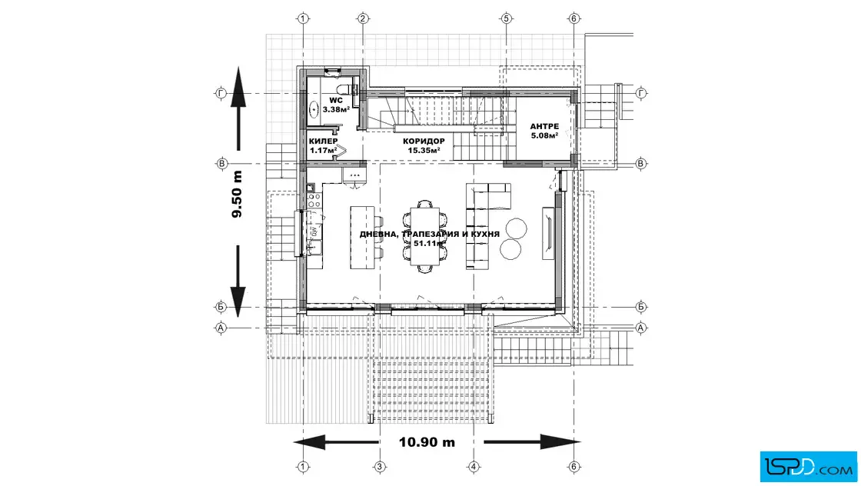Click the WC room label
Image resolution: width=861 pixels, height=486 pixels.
[336, 101]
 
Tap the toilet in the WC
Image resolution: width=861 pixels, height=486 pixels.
[352, 89]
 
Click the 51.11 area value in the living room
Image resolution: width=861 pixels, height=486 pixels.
[427, 243]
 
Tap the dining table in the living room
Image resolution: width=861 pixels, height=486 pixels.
[426, 235]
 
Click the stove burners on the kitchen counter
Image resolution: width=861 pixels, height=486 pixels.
[314, 200]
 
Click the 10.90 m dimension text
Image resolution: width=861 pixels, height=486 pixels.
[427, 442]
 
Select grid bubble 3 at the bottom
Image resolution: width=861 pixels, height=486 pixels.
[379, 466]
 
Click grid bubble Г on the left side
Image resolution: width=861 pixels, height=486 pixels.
[222, 93]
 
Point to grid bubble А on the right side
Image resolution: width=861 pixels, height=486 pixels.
[641, 327]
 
